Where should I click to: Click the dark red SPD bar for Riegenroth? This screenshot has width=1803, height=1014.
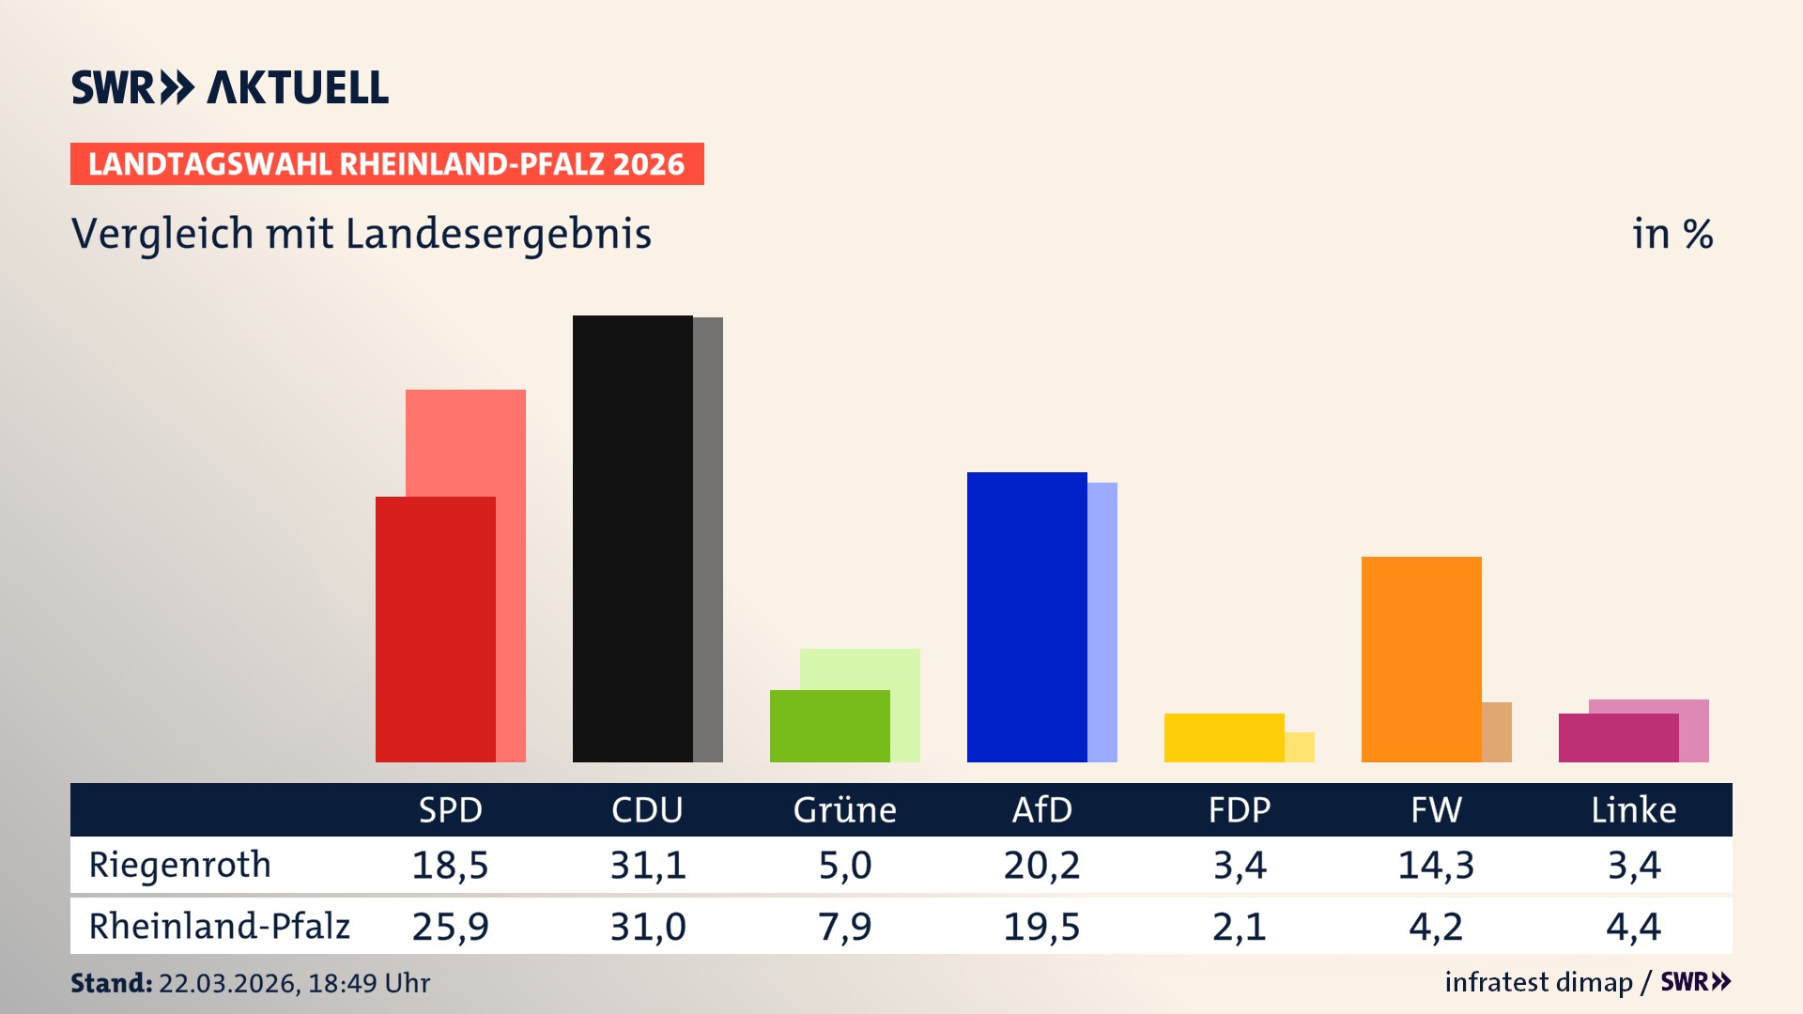click(x=435, y=629)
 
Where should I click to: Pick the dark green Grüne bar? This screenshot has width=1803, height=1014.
click(x=829, y=726)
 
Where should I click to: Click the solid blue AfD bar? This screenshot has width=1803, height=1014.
click(x=1026, y=617)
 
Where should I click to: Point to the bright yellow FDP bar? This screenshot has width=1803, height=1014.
click(x=1224, y=738)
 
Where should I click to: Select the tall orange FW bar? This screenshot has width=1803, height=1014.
click(x=1421, y=659)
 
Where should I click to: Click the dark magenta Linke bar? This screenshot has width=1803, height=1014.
click(x=1618, y=738)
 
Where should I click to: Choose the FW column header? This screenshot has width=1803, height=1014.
click(x=1436, y=809)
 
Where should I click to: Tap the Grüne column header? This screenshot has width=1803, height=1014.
click(x=844, y=809)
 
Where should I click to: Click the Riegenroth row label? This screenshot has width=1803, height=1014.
click(x=179, y=865)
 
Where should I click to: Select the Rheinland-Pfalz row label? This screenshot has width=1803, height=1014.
click(x=219, y=926)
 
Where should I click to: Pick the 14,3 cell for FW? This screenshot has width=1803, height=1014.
click(x=1436, y=865)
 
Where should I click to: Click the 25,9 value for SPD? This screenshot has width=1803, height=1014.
click(x=450, y=927)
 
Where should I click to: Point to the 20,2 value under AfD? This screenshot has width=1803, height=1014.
click(x=1041, y=865)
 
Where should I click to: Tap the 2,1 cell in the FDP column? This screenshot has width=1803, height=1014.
click(x=1239, y=927)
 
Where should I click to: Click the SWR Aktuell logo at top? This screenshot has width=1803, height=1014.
click(x=230, y=87)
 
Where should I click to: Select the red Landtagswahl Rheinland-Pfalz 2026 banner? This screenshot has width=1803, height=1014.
click(x=387, y=164)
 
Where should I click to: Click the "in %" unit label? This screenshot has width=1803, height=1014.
click(x=1672, y=234)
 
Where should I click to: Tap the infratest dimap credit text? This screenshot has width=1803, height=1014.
click(x=1538, y=982)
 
